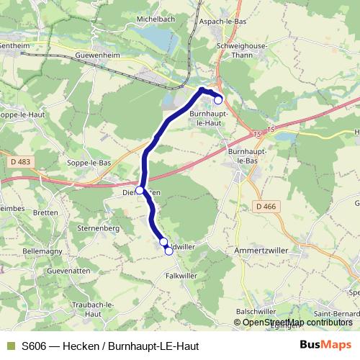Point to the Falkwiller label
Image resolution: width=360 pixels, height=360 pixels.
[x=181, y=275]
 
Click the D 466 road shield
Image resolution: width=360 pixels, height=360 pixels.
[x=265, y=207]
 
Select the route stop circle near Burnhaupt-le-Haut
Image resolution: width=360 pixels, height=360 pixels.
[x=218, y=100]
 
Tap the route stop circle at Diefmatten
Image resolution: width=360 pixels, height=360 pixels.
[x=140, y=191]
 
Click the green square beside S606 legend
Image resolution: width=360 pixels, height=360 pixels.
[x=10, y=344]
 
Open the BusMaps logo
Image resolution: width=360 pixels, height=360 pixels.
[x=325, y=344]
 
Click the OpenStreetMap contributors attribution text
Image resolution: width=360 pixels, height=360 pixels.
[x=297, y=322]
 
